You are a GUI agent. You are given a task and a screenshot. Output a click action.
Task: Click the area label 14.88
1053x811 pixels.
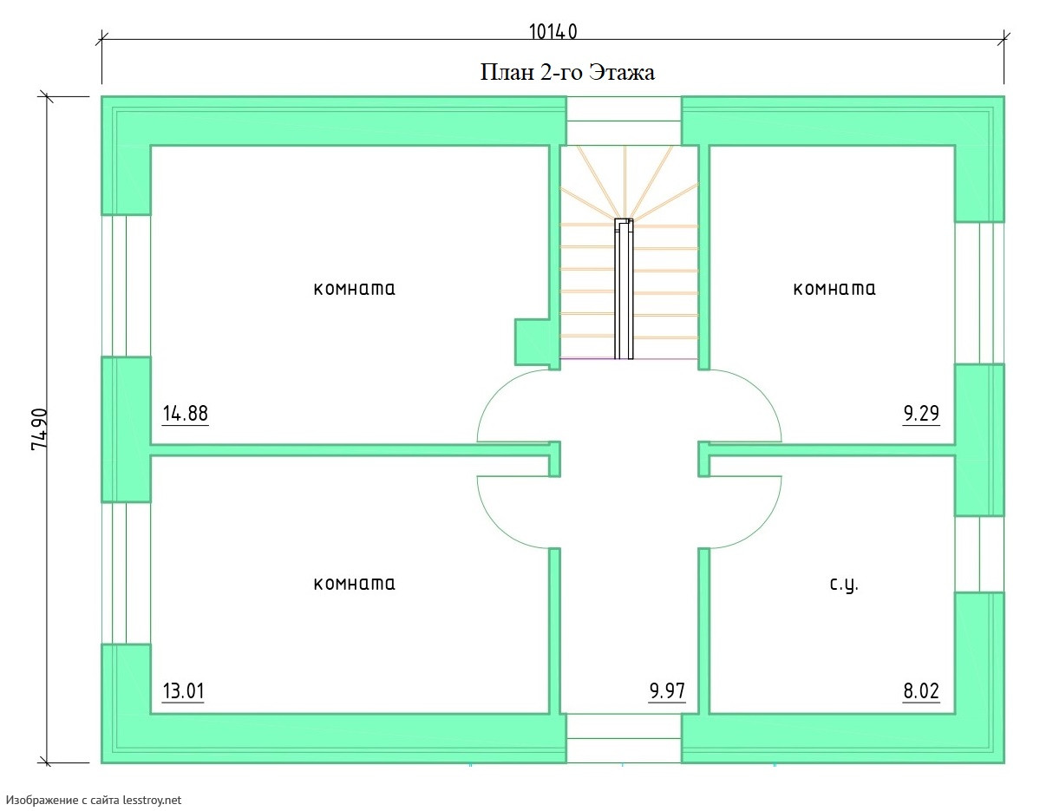click(185, 413)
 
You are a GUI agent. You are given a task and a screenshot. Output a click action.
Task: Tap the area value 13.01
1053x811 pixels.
click(183, 690)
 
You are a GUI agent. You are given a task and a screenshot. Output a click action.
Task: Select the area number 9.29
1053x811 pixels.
click(921, 413)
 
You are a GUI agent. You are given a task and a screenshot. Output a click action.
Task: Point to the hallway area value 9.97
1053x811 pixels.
click(667, 690)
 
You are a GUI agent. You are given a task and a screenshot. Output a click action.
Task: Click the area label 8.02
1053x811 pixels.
click(921, 690)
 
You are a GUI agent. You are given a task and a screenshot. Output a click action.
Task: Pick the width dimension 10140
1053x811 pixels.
click(553, 32)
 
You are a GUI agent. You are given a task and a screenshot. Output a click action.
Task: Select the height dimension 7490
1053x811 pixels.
click(40, 429)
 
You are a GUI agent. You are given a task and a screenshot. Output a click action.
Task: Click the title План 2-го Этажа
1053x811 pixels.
click(567, 72)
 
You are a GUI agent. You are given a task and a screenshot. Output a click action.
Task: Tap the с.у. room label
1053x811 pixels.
click(844, 585)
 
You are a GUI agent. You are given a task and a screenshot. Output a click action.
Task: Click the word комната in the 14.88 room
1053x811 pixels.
click(354, 289)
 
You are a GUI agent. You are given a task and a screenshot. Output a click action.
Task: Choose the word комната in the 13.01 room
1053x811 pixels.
click(354, 584)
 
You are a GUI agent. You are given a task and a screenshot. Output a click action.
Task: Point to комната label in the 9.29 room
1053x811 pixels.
click(834, 289)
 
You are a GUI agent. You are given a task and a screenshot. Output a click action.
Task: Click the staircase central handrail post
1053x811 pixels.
click(624, 289)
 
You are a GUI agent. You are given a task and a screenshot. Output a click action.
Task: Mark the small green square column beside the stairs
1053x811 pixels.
click(532, 342)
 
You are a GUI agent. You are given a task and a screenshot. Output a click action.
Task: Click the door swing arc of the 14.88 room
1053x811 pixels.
click(492, 395)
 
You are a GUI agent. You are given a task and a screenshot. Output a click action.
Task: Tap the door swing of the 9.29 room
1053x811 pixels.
click(766, 395)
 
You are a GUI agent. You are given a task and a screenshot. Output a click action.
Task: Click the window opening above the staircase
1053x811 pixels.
click(625, 121)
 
